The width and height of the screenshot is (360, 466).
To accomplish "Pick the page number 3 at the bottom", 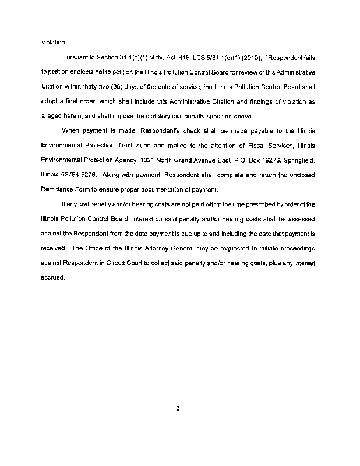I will [x=177, y=408].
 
